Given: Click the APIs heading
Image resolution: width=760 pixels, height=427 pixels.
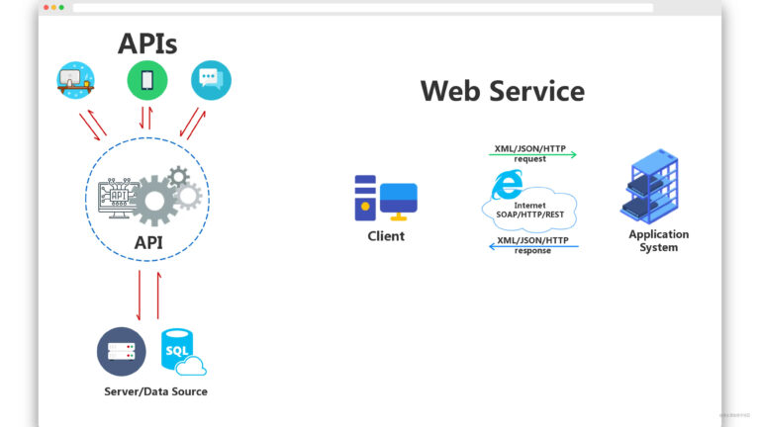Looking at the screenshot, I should coord(147,43).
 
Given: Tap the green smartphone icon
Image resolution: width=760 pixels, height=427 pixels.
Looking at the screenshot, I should coord(146,81).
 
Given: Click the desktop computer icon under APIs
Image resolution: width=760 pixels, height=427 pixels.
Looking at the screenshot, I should coord(76,80).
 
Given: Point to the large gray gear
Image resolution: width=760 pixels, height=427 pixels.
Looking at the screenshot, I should coord(155,201).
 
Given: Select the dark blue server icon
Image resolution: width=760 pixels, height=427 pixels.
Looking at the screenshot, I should coord(121,351).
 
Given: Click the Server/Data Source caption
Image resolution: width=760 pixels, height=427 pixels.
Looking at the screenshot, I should coord(155,391).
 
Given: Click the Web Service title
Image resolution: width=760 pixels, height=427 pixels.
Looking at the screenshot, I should coord(502,91).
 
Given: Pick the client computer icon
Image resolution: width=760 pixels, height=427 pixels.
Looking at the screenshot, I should coord(385,198).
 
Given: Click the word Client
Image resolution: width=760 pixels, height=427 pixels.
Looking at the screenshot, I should coord(386,236).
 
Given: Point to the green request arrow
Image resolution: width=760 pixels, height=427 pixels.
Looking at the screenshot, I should coord(532,154).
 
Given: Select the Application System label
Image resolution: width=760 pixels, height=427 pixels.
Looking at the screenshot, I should coord(658,241).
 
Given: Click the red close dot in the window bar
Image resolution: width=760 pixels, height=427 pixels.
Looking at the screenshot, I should coord(46,7).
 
